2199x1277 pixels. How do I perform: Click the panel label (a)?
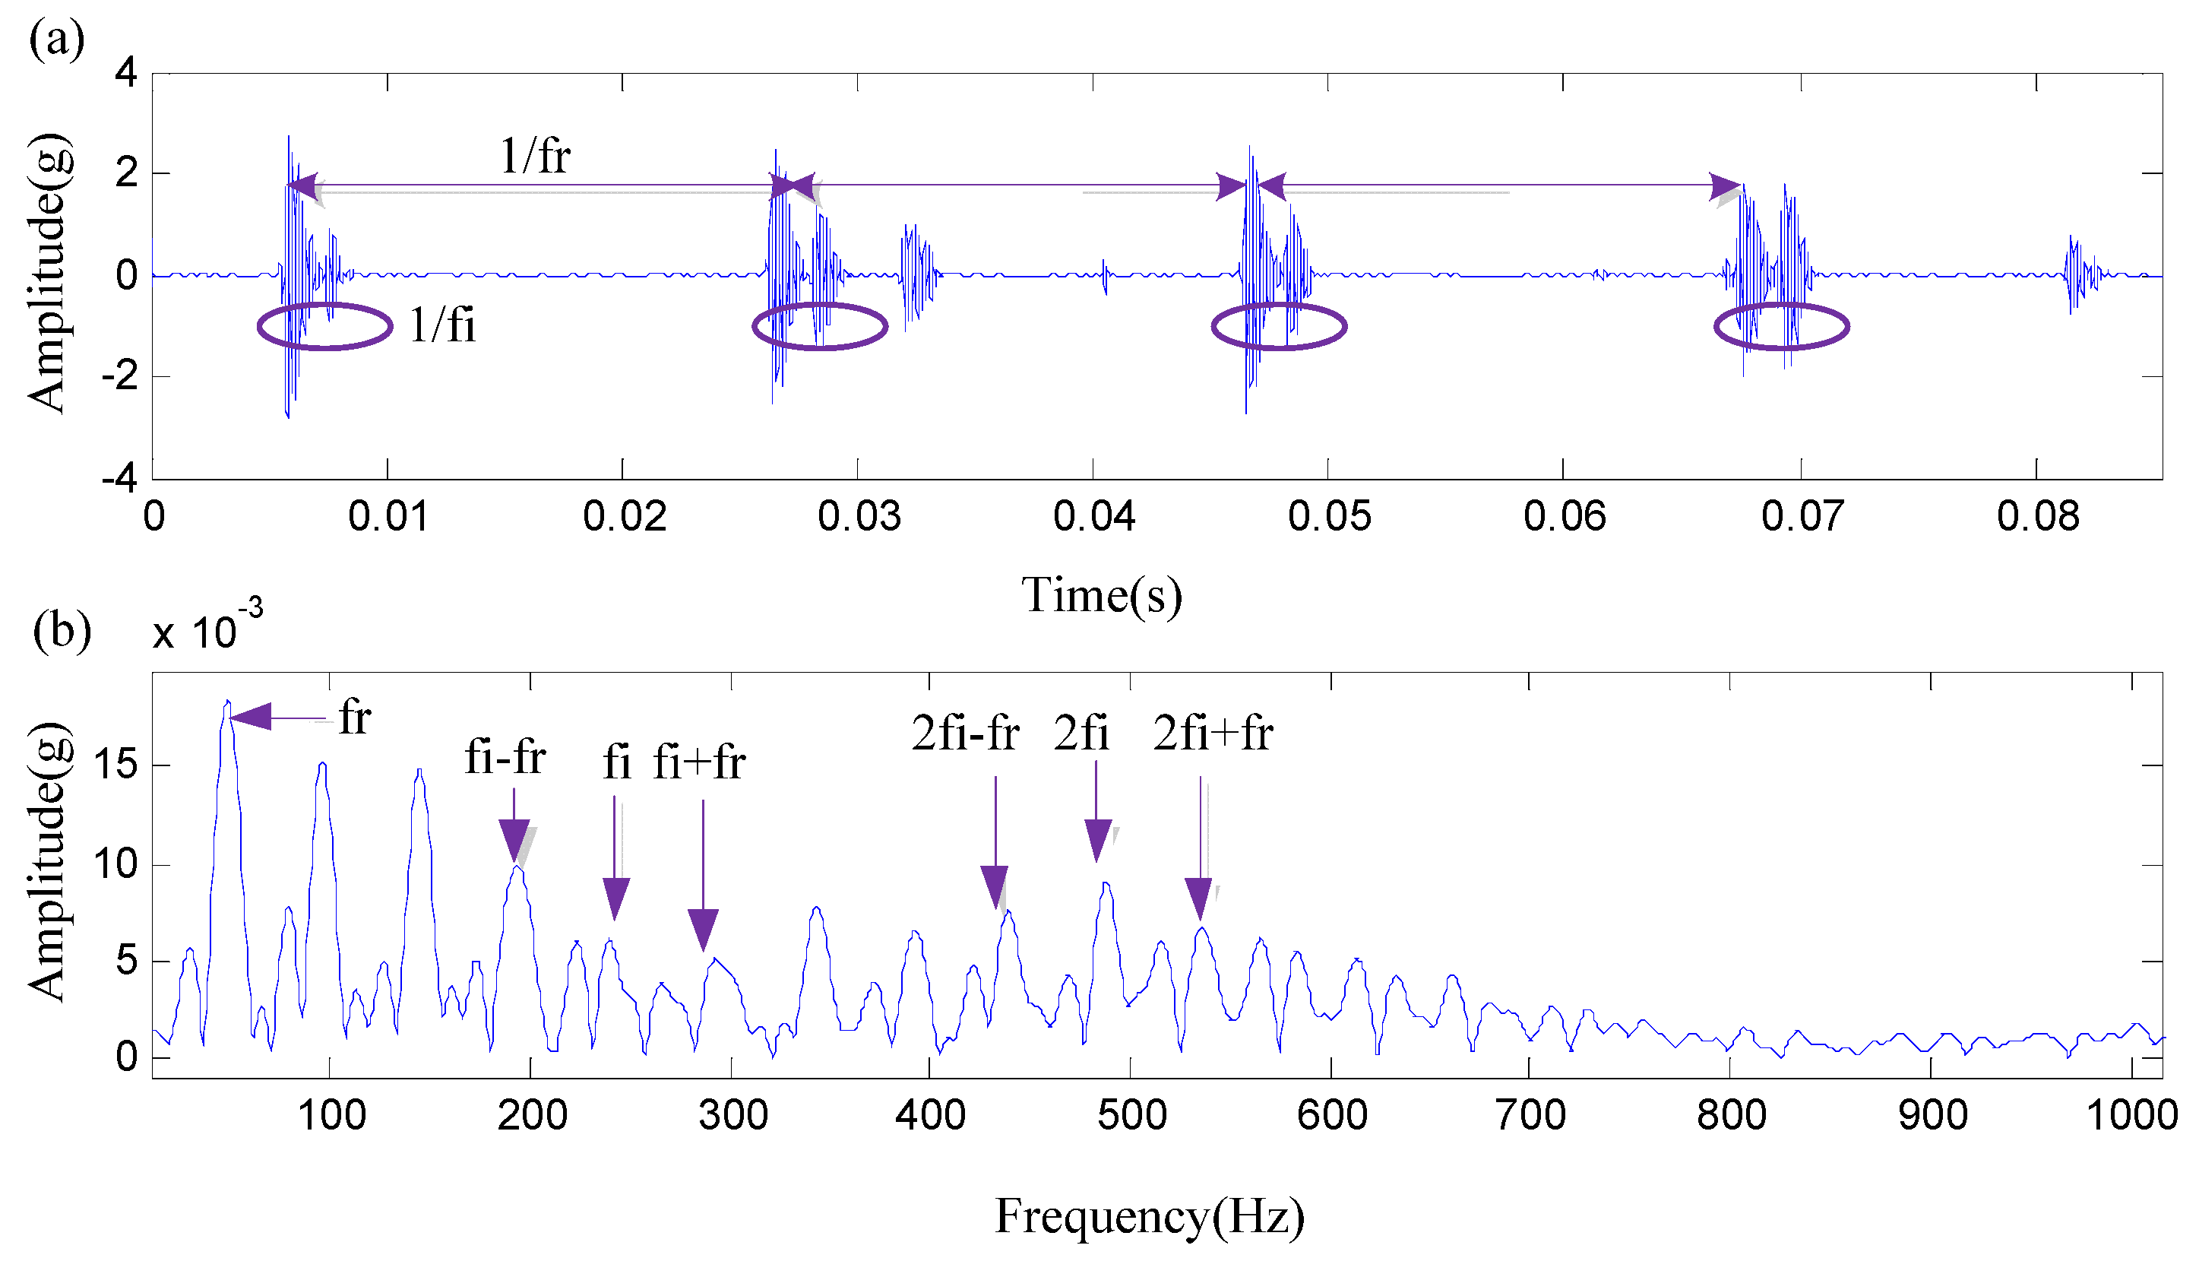57,40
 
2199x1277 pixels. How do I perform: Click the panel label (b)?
61,630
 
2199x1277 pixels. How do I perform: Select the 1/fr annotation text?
534,157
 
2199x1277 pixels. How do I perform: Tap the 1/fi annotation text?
442,325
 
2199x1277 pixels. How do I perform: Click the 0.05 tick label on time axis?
1328,517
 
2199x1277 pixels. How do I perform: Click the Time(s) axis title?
1101,595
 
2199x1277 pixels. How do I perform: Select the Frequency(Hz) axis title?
1149,1216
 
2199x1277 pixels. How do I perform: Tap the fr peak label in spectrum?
354,718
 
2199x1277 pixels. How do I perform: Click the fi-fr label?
505,757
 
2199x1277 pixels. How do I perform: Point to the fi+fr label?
698,762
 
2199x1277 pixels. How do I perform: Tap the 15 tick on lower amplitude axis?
115,765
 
